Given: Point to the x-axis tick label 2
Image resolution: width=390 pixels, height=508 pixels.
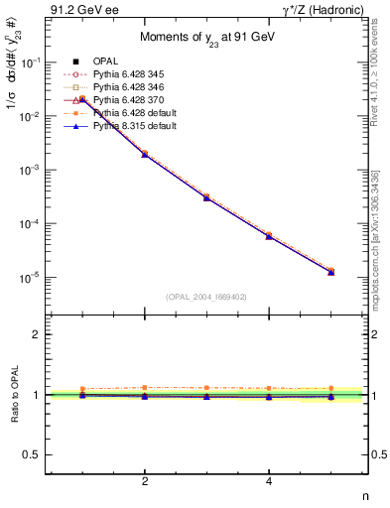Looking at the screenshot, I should click(145, 482).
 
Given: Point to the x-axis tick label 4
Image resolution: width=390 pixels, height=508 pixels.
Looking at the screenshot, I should click(269, 482).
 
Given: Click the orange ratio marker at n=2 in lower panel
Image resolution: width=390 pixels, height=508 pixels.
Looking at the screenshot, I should click(145, 387).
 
